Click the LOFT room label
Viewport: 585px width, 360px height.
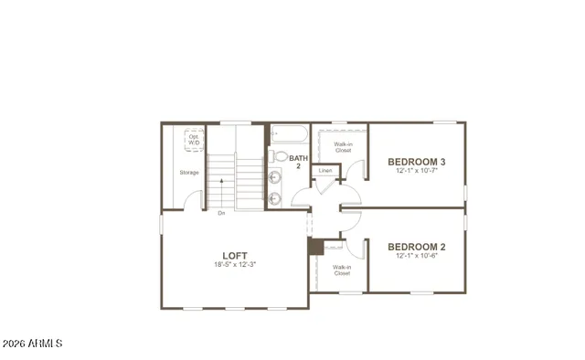click(x=235, y=255)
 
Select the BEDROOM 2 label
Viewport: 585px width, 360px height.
click(x=416, y=246)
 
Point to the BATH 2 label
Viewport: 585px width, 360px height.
click(x=298, y=162)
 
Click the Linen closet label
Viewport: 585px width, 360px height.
click(x=325, y=171)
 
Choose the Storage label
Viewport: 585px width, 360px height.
click(x=189, y=172)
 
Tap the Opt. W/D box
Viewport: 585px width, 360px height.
click(x=194, y=141)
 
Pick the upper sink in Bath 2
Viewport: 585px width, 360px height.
click(x=276, y=176)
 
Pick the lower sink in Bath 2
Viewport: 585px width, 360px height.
click(x=276, y=196)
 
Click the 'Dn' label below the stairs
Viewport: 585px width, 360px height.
click(x=221, y=213)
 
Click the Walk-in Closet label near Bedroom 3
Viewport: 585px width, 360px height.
click(x=344, y=147)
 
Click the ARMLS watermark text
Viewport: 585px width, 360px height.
click(x=32, y=344)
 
